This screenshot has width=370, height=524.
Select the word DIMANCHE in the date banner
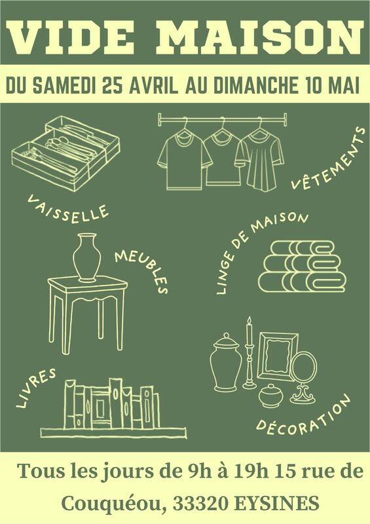point(255,85)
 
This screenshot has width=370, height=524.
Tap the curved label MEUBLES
point(142,271)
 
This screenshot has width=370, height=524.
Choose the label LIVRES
point(36,388)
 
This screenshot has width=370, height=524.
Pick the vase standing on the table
point(87,257)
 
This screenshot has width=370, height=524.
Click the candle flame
point(249,321)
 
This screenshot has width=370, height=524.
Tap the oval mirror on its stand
point(303,378)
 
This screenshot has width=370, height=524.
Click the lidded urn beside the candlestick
point(226,362)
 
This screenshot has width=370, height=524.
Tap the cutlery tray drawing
point(66,153)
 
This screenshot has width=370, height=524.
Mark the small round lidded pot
point(270,396)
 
